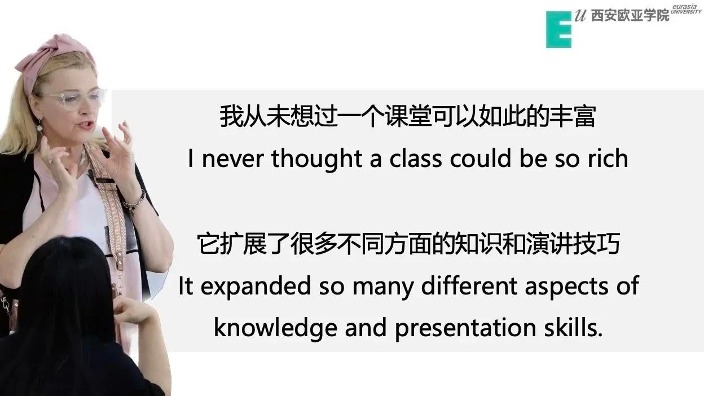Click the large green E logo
coord(558,29)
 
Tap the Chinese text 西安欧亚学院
coord(630,15)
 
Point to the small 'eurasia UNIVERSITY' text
coord(686,9)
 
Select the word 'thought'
coord(317,160)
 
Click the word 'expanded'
coord(256,287)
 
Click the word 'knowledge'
coord(276,328)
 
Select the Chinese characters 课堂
coord(407,116)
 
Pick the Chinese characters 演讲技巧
coord(573,244)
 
